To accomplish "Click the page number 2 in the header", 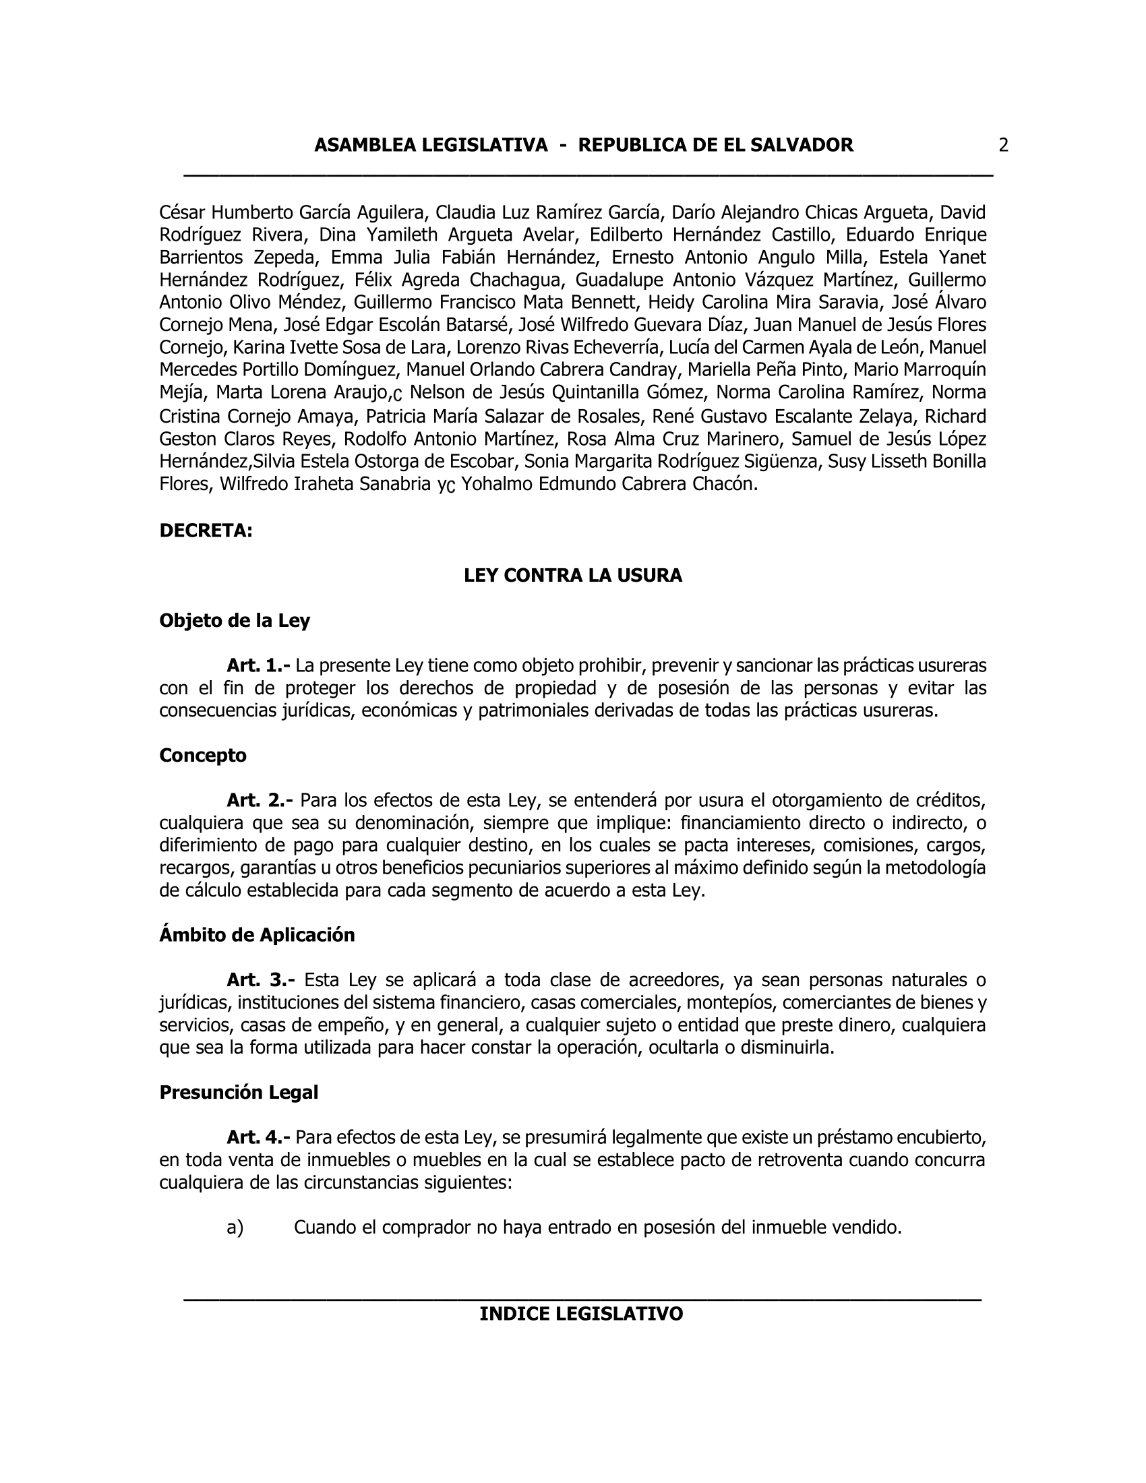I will point(1003,146).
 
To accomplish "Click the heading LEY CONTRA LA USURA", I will point(572,576).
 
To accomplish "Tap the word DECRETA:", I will point(206,531).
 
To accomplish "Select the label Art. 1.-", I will point(260,665).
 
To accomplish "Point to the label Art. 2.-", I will point(260,801).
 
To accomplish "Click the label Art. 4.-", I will point(260,1137).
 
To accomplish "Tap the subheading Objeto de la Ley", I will point(234,621).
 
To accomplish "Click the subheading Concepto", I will point(202,756).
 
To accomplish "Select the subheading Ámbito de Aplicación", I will point(257,936).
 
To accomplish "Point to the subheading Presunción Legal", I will point(238,1093).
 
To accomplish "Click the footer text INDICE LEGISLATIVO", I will point(581,1314).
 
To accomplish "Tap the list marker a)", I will point(235,1228).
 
